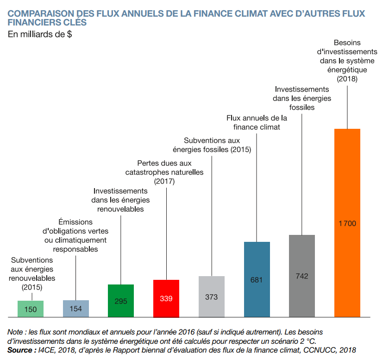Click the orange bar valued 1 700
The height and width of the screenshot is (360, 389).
[347, 223]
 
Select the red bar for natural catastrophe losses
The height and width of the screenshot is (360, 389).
[166, 298]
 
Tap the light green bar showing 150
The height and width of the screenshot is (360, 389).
[31, 309]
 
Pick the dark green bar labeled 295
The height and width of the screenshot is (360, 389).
[121, 301]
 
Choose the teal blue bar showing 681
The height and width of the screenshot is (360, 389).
[257, 279]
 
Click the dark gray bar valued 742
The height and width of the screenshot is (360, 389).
[302, 276]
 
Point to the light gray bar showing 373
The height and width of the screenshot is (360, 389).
[212, 297]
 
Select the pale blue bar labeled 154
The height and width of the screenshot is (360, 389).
[76, 309]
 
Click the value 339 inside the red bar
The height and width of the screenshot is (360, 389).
[166, 298]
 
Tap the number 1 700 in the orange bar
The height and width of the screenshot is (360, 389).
[347, 223]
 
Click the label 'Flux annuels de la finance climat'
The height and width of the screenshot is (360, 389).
[257, 122]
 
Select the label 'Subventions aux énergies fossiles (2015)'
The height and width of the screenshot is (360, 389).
[212, 145]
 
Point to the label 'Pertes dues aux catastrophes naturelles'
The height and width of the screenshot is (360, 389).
[164, 172]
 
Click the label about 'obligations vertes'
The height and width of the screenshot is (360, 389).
[75, 235]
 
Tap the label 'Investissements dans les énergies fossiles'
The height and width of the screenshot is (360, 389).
[302, 98]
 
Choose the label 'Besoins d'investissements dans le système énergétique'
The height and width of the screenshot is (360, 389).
[347, 61]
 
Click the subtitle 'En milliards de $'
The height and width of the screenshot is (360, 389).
[40, 34]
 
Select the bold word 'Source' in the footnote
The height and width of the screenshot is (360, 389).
[19, 350]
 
